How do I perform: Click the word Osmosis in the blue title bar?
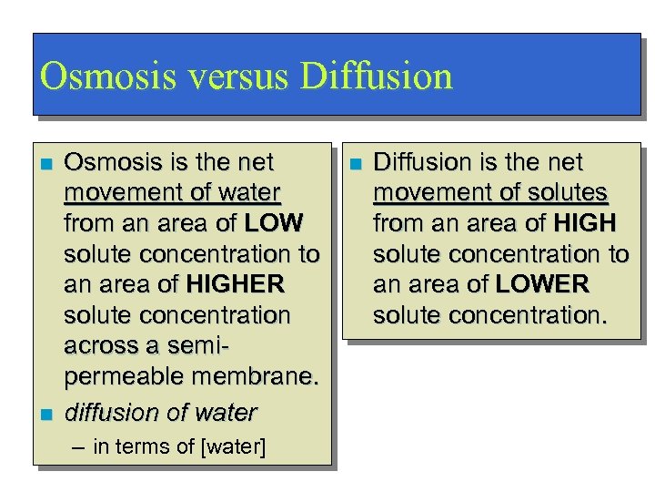[96, 77]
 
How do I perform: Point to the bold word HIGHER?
[235, 285]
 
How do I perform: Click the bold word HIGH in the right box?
[584, 223]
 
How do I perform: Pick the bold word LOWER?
[542, 285]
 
